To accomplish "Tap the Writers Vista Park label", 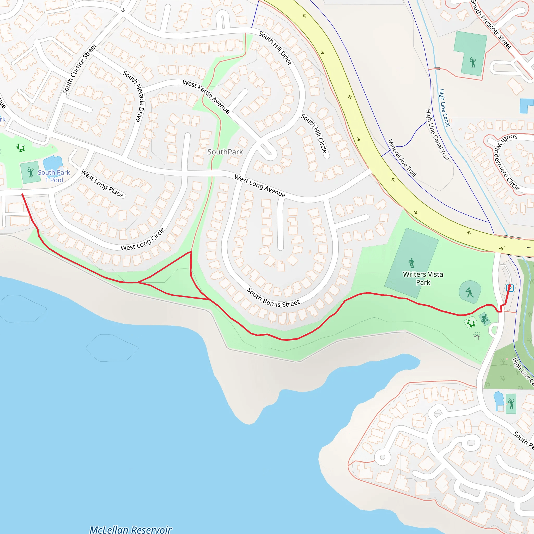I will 423,278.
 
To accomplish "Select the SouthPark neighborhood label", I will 225,152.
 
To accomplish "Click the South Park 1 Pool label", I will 54,176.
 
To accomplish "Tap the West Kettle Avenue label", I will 206,96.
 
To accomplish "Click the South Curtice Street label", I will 79,69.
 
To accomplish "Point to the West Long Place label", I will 102,184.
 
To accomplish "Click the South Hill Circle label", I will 314,133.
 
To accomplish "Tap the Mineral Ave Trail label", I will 402,158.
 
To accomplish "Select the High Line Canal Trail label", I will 437,135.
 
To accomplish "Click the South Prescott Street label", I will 491,25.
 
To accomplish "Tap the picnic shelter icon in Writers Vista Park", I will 477,336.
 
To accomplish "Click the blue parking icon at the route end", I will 510,288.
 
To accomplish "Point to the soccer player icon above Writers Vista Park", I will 411,263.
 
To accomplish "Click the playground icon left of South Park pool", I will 20,148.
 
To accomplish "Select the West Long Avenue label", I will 259,186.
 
